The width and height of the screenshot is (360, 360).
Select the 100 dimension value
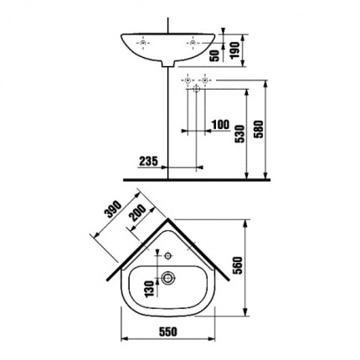click(x=220, y=125)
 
